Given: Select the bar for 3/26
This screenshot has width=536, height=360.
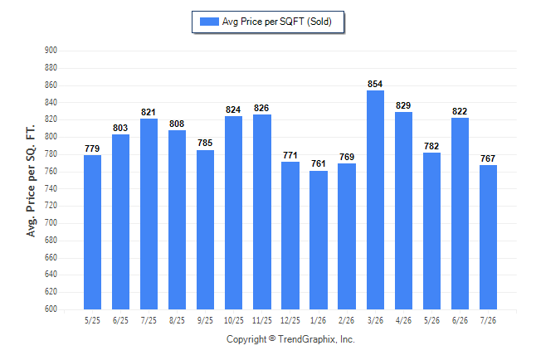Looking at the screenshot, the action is pos(375,200).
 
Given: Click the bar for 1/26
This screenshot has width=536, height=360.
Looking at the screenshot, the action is pos(319,240).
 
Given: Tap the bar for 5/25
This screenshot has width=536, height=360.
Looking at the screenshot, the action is pos(92,232).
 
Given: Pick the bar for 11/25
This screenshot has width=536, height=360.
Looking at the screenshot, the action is pos(262,212).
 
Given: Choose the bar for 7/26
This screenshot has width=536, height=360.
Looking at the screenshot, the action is pos(488,237).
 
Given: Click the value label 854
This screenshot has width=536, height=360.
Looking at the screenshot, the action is pos(375,84).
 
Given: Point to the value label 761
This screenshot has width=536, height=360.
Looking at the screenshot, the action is pos(319,163).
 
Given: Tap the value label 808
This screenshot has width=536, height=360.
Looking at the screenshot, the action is pos(177,124).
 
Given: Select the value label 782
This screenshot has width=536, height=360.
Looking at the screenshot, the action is pos(431,146).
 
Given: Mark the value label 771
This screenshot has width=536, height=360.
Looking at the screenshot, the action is pos(290,155).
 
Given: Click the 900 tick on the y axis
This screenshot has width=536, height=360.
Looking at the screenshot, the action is pos(51,51).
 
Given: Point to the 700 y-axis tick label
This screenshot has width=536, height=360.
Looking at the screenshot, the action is pos(51,223).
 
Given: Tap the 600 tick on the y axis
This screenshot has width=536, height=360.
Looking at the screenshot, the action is pos(51,309).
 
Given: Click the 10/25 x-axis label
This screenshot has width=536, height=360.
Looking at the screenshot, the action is pos(234,320).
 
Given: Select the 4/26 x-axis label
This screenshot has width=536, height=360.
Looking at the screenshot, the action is pos(404,320).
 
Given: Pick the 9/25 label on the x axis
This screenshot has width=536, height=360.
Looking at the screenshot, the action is pos(205,320).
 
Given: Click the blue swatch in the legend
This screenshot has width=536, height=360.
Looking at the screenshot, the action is pos(209,22).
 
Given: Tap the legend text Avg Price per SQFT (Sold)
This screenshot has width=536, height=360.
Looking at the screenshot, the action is pos(277,22).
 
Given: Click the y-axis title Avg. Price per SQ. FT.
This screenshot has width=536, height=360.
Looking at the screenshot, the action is pos(31,181).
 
